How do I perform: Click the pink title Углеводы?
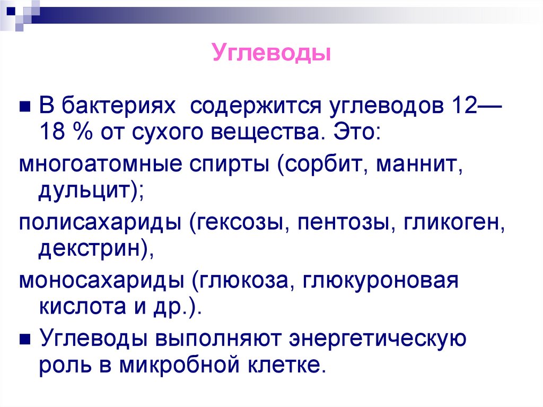(271, 53)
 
